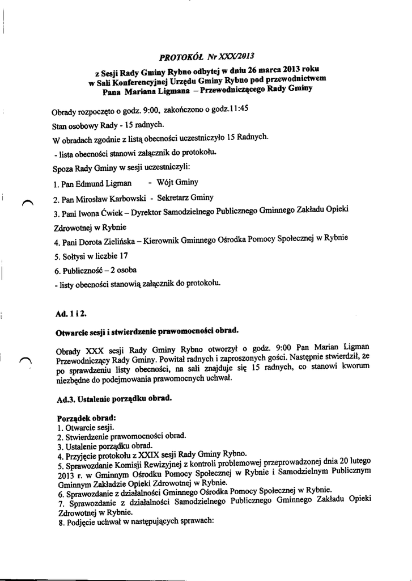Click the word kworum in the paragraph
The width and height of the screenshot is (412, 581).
click(355, 367)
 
